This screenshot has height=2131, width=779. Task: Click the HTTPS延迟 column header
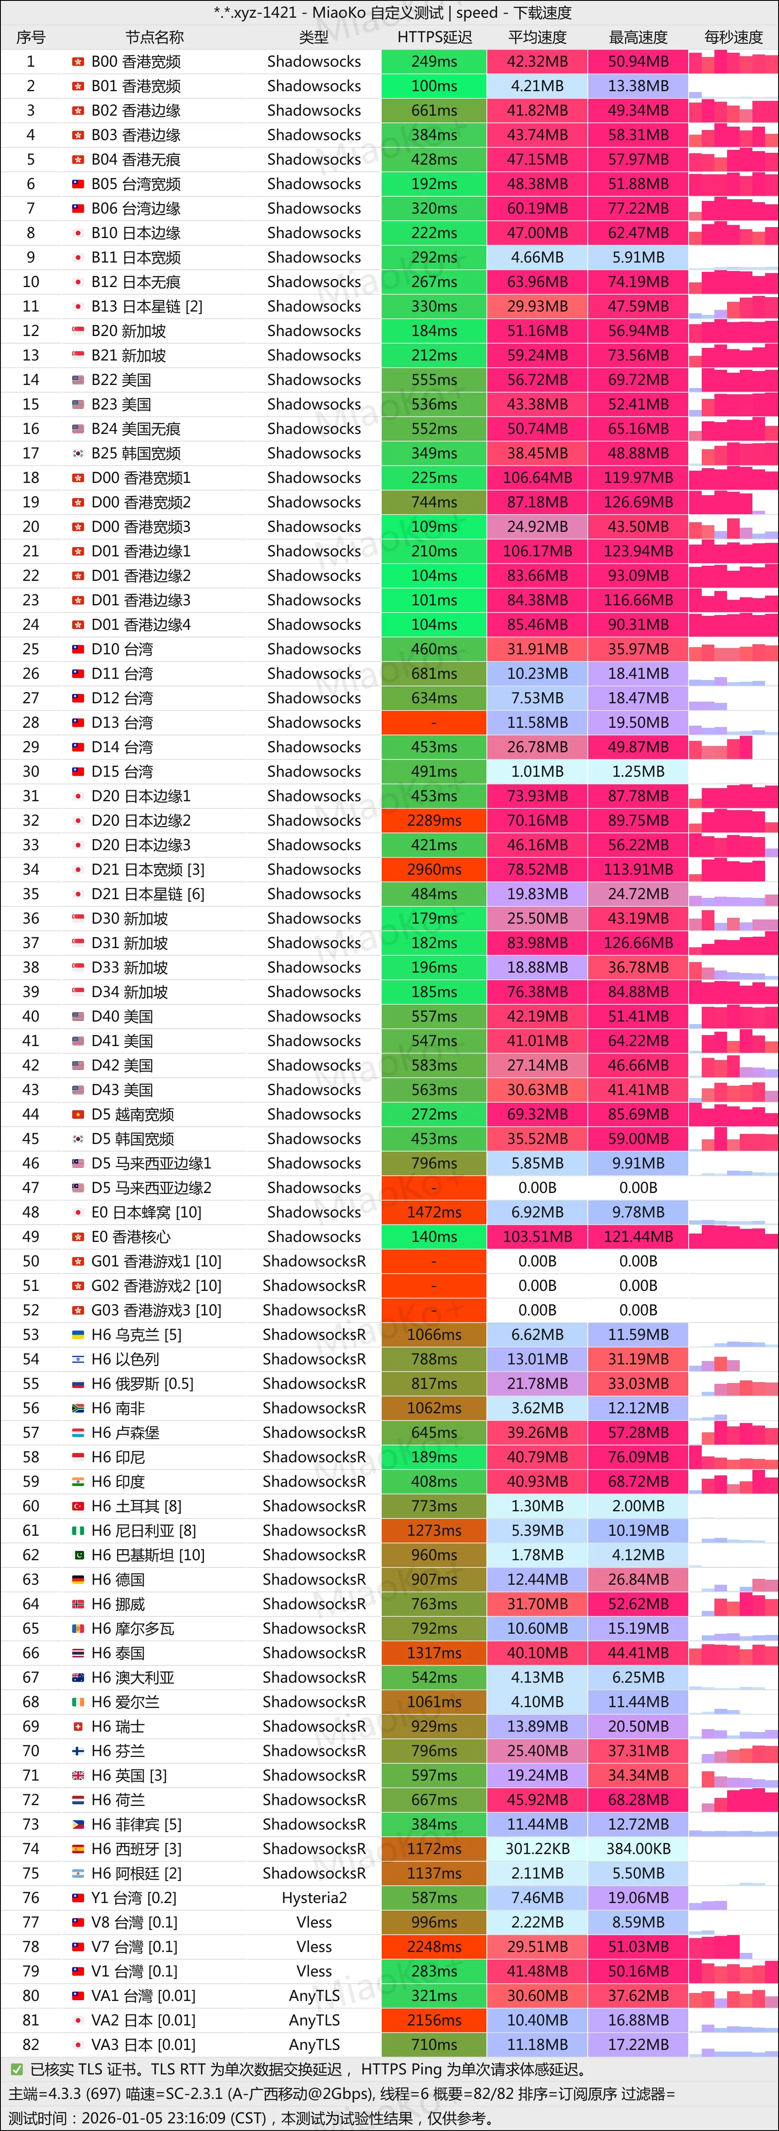(434, 37)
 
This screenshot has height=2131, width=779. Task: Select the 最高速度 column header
(638, 37)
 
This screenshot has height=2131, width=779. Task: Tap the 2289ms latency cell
(434, 821)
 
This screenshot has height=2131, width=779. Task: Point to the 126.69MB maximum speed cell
(638, 502)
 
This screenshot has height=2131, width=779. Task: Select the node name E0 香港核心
(130, 1237)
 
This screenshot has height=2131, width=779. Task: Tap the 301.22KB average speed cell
(537, 1849)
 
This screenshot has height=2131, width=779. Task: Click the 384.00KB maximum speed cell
(638, 1849)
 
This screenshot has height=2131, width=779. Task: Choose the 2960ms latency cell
(434, 870)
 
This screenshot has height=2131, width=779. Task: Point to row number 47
(30, 1188)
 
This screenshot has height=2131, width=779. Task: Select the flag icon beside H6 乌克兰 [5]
(78, 1334)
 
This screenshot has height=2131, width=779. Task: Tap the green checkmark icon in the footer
(16, 2070)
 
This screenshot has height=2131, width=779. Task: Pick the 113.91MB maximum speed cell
(638, 870)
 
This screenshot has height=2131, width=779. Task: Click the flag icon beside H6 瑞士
(78, 1727)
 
